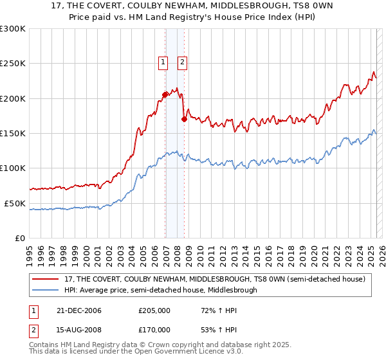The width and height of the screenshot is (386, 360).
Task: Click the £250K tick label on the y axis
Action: click(x=13, y=64)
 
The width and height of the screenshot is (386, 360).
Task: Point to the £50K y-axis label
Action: click(x=15, y=203)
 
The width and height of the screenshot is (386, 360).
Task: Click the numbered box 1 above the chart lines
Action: click(x=163, y=62)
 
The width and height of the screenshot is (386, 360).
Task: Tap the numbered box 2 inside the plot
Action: click(x=182, y=62)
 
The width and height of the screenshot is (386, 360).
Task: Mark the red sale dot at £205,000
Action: click(x=165, y=94)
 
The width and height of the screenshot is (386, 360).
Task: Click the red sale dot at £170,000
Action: click(x=184, y=119)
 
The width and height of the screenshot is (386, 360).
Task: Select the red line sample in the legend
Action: click(x=46, y=279)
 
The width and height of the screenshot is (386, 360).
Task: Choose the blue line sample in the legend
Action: click(x=46, y=290)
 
